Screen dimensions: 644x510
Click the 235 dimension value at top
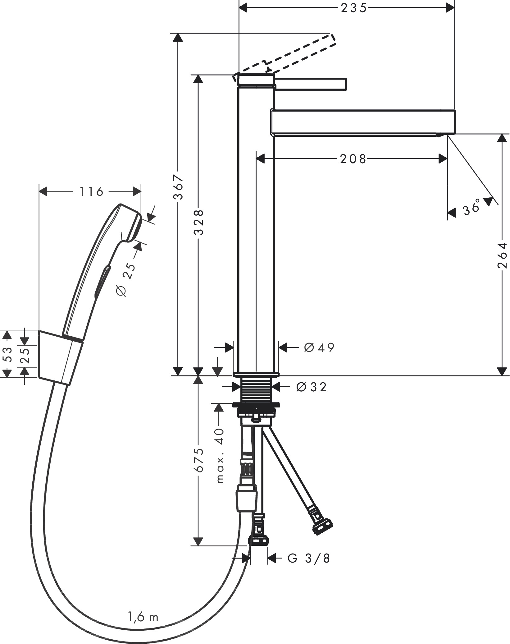(353, 8)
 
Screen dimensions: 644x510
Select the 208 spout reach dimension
(353, 159)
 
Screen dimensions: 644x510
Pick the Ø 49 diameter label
(319, 347)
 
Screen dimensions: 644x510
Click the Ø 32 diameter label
(312, 387)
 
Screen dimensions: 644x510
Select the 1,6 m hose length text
(143, 616)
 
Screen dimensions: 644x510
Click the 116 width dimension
(91, 192)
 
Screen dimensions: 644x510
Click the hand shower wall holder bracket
(59, 358)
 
